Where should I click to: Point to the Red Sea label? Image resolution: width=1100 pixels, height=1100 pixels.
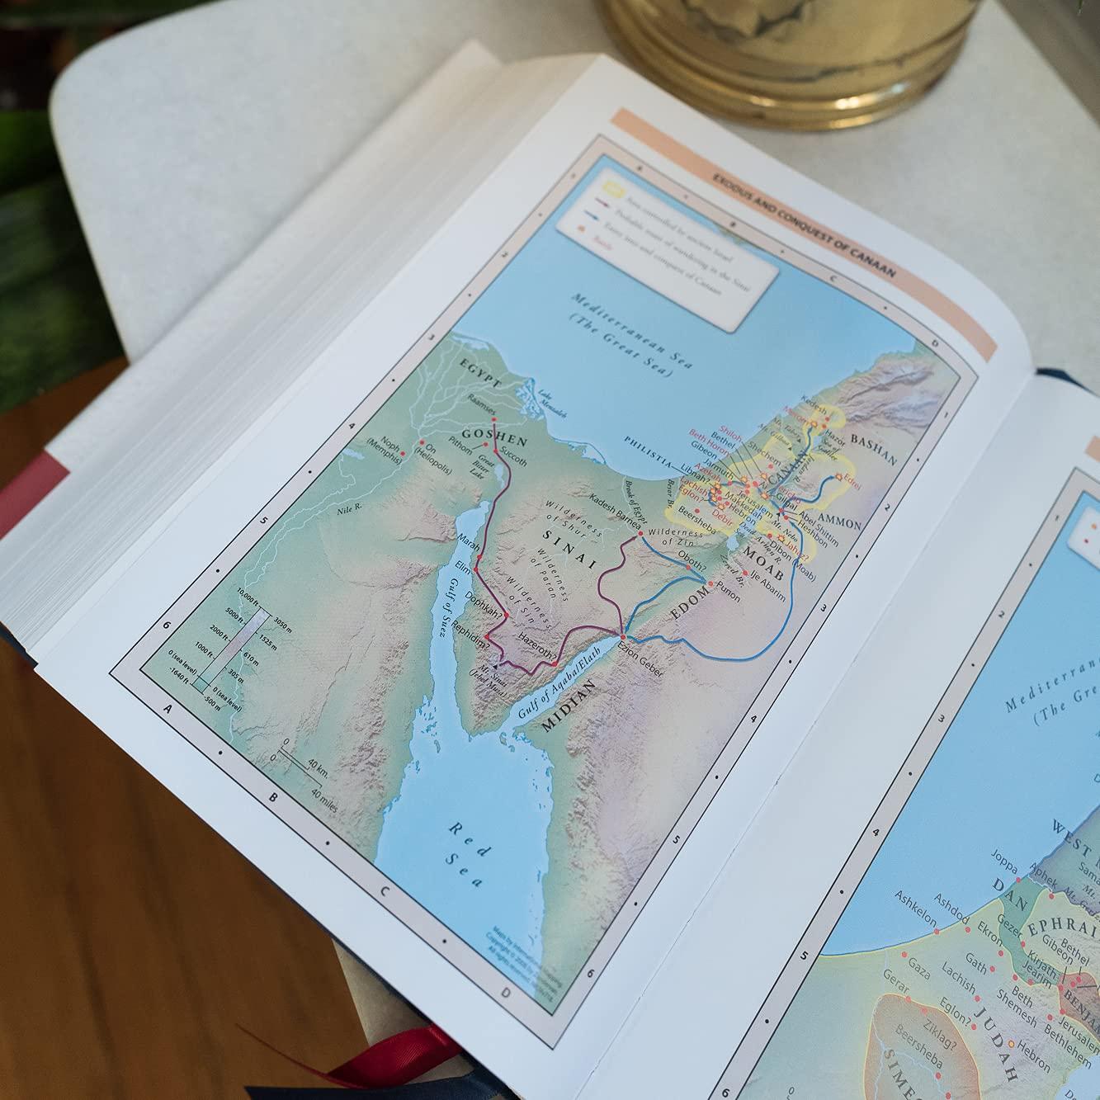tap(465, 854)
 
